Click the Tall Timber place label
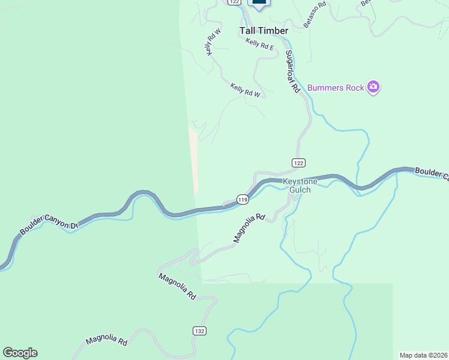tap(264, 31)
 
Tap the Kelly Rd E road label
tap(260, 44)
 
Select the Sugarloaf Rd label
tap(292, 71)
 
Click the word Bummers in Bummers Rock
tap(325, 88)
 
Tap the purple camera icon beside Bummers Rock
tap(373, 88)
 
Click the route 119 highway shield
tap(243, 199)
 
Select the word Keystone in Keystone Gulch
tap(300, 181)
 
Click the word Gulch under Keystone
tap(300, 190)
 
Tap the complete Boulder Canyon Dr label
tap(49, 220)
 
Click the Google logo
tap(20, 353)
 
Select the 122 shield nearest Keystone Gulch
tap(299, 163)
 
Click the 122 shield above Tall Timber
tap(234, 2)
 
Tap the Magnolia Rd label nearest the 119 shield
tap(249, 229)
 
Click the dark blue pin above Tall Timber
tap(259, 4)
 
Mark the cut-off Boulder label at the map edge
tap(432, 174)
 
